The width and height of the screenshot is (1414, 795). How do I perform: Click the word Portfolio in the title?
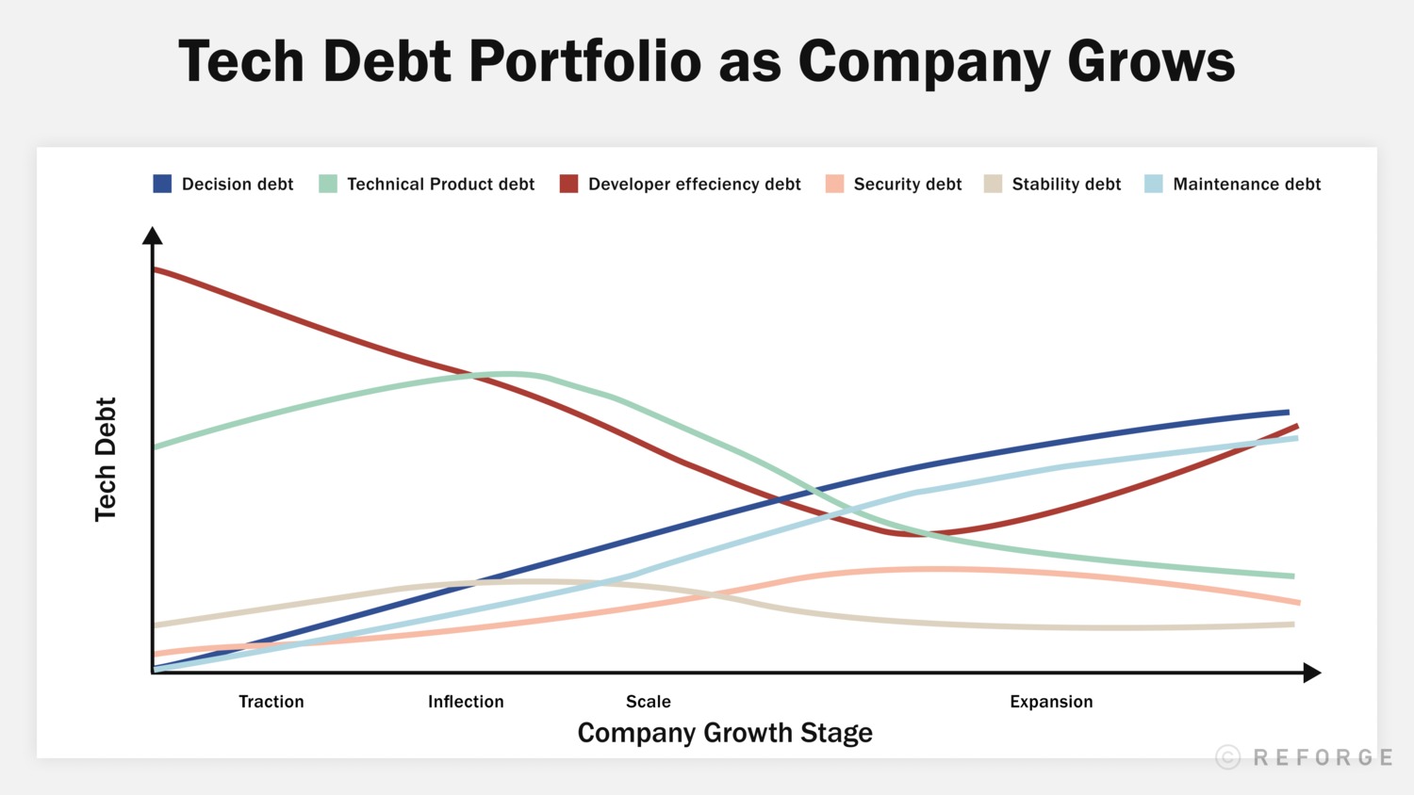coord(584,61)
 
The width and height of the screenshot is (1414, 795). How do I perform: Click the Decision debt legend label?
coord(237,185)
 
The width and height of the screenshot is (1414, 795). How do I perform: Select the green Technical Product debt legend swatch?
coord(328,184)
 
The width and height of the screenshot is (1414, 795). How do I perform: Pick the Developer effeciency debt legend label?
coord(694,185)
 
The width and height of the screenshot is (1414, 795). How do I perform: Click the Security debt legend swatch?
coord(834,184)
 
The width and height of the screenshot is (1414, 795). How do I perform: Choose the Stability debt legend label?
coord(1066,185)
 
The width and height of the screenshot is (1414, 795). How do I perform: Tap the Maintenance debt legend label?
coord(1246,185)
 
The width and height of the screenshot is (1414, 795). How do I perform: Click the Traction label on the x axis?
coord(271,702)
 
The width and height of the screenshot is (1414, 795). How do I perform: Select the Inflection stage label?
coord(466,702)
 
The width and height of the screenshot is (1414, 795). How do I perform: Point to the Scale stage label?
coord(649,702)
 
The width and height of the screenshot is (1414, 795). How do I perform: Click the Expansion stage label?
coord(1051,702)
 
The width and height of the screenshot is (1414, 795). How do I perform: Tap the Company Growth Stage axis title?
coord(725,733)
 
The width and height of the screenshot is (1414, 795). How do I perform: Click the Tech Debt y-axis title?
coord(106,459)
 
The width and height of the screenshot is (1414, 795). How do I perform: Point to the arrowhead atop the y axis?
coord(153,235)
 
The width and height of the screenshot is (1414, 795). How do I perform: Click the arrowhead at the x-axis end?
coord(1311,673)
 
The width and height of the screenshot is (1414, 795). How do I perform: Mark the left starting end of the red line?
coord(156,270)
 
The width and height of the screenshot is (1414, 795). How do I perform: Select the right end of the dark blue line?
coord(1287,412)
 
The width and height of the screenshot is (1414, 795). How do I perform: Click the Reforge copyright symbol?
coord(1227,757)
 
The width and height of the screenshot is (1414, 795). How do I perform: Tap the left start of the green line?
coord(156,446)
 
